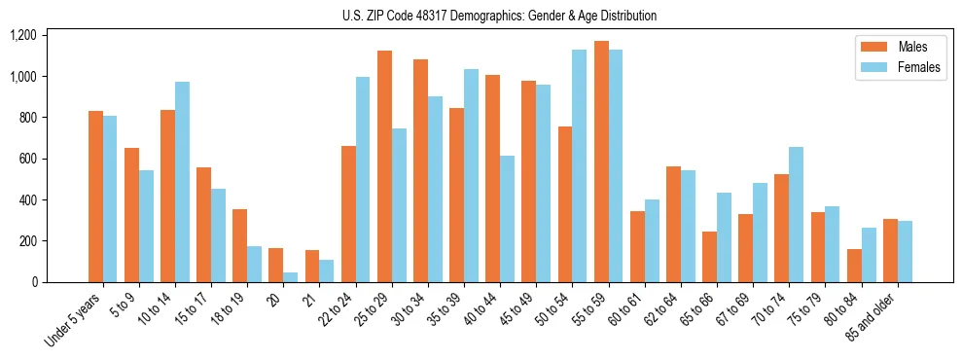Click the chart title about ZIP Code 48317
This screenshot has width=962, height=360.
(499, 16)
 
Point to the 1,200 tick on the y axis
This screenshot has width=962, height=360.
(22, 35)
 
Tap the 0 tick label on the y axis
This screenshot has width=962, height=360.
(36, 282)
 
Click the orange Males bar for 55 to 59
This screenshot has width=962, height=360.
(602, 162)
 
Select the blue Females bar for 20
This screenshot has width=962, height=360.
(291, 277)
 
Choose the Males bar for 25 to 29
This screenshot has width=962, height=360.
(385, 166)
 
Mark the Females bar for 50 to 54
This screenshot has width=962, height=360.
(580, 165)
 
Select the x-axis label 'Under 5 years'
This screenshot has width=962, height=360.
(76, 316)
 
